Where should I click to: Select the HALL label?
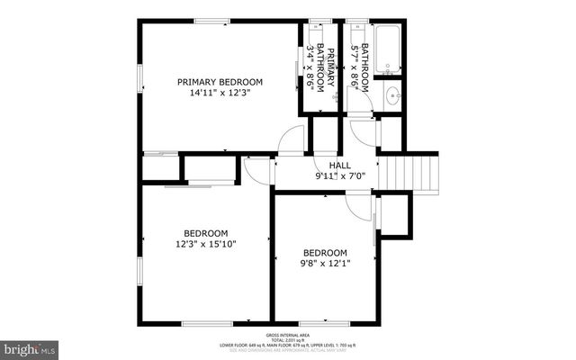tap(339, 166)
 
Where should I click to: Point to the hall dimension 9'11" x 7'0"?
tap(339, 176)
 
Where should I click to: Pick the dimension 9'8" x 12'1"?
tap(324, 264)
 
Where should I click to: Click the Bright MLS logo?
tap(30, 347)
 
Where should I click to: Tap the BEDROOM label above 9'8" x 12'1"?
tap(324, 253)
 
